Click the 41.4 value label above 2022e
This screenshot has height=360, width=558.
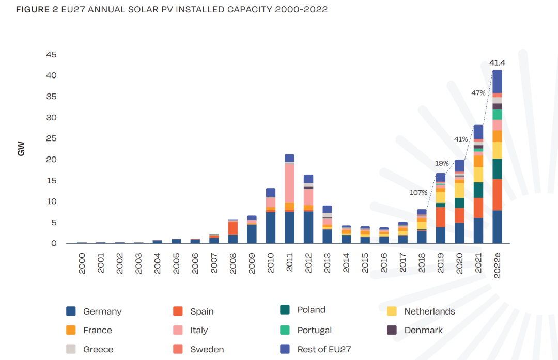point(497,63)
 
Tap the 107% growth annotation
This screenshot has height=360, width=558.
point(419,193)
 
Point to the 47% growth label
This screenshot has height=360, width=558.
point(478,93)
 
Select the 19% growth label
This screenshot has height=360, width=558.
point(442,163)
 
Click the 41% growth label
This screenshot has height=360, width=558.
point(461,139)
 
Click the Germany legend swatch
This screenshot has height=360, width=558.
point(71,311)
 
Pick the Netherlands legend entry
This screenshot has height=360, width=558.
point(429,311)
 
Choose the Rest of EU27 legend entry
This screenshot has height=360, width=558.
point(324,349)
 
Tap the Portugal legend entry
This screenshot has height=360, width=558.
point(314,331)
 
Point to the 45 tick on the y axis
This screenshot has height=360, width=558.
point(51,55)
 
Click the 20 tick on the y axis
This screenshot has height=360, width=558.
point(51,160)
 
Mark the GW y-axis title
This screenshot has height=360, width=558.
point(21,149)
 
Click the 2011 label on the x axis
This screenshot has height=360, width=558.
point(290,263)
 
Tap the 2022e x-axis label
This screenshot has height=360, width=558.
point(498,266)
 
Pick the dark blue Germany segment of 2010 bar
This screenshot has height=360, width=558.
point(271,227)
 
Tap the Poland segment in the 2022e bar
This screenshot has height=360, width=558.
point(497,169)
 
